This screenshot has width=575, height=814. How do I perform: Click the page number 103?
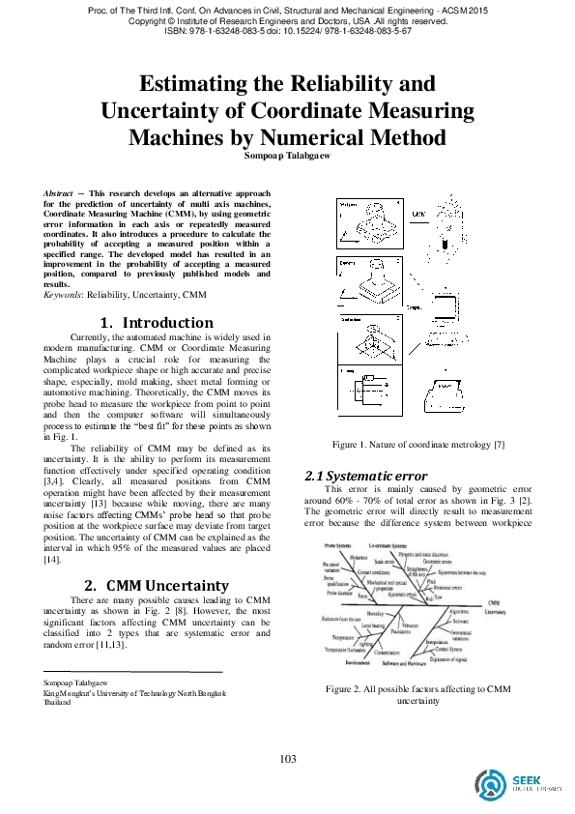pyautogui.click(x=287, y=758)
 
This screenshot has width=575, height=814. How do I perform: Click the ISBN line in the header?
pyautogui.click(x=287, y=31)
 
